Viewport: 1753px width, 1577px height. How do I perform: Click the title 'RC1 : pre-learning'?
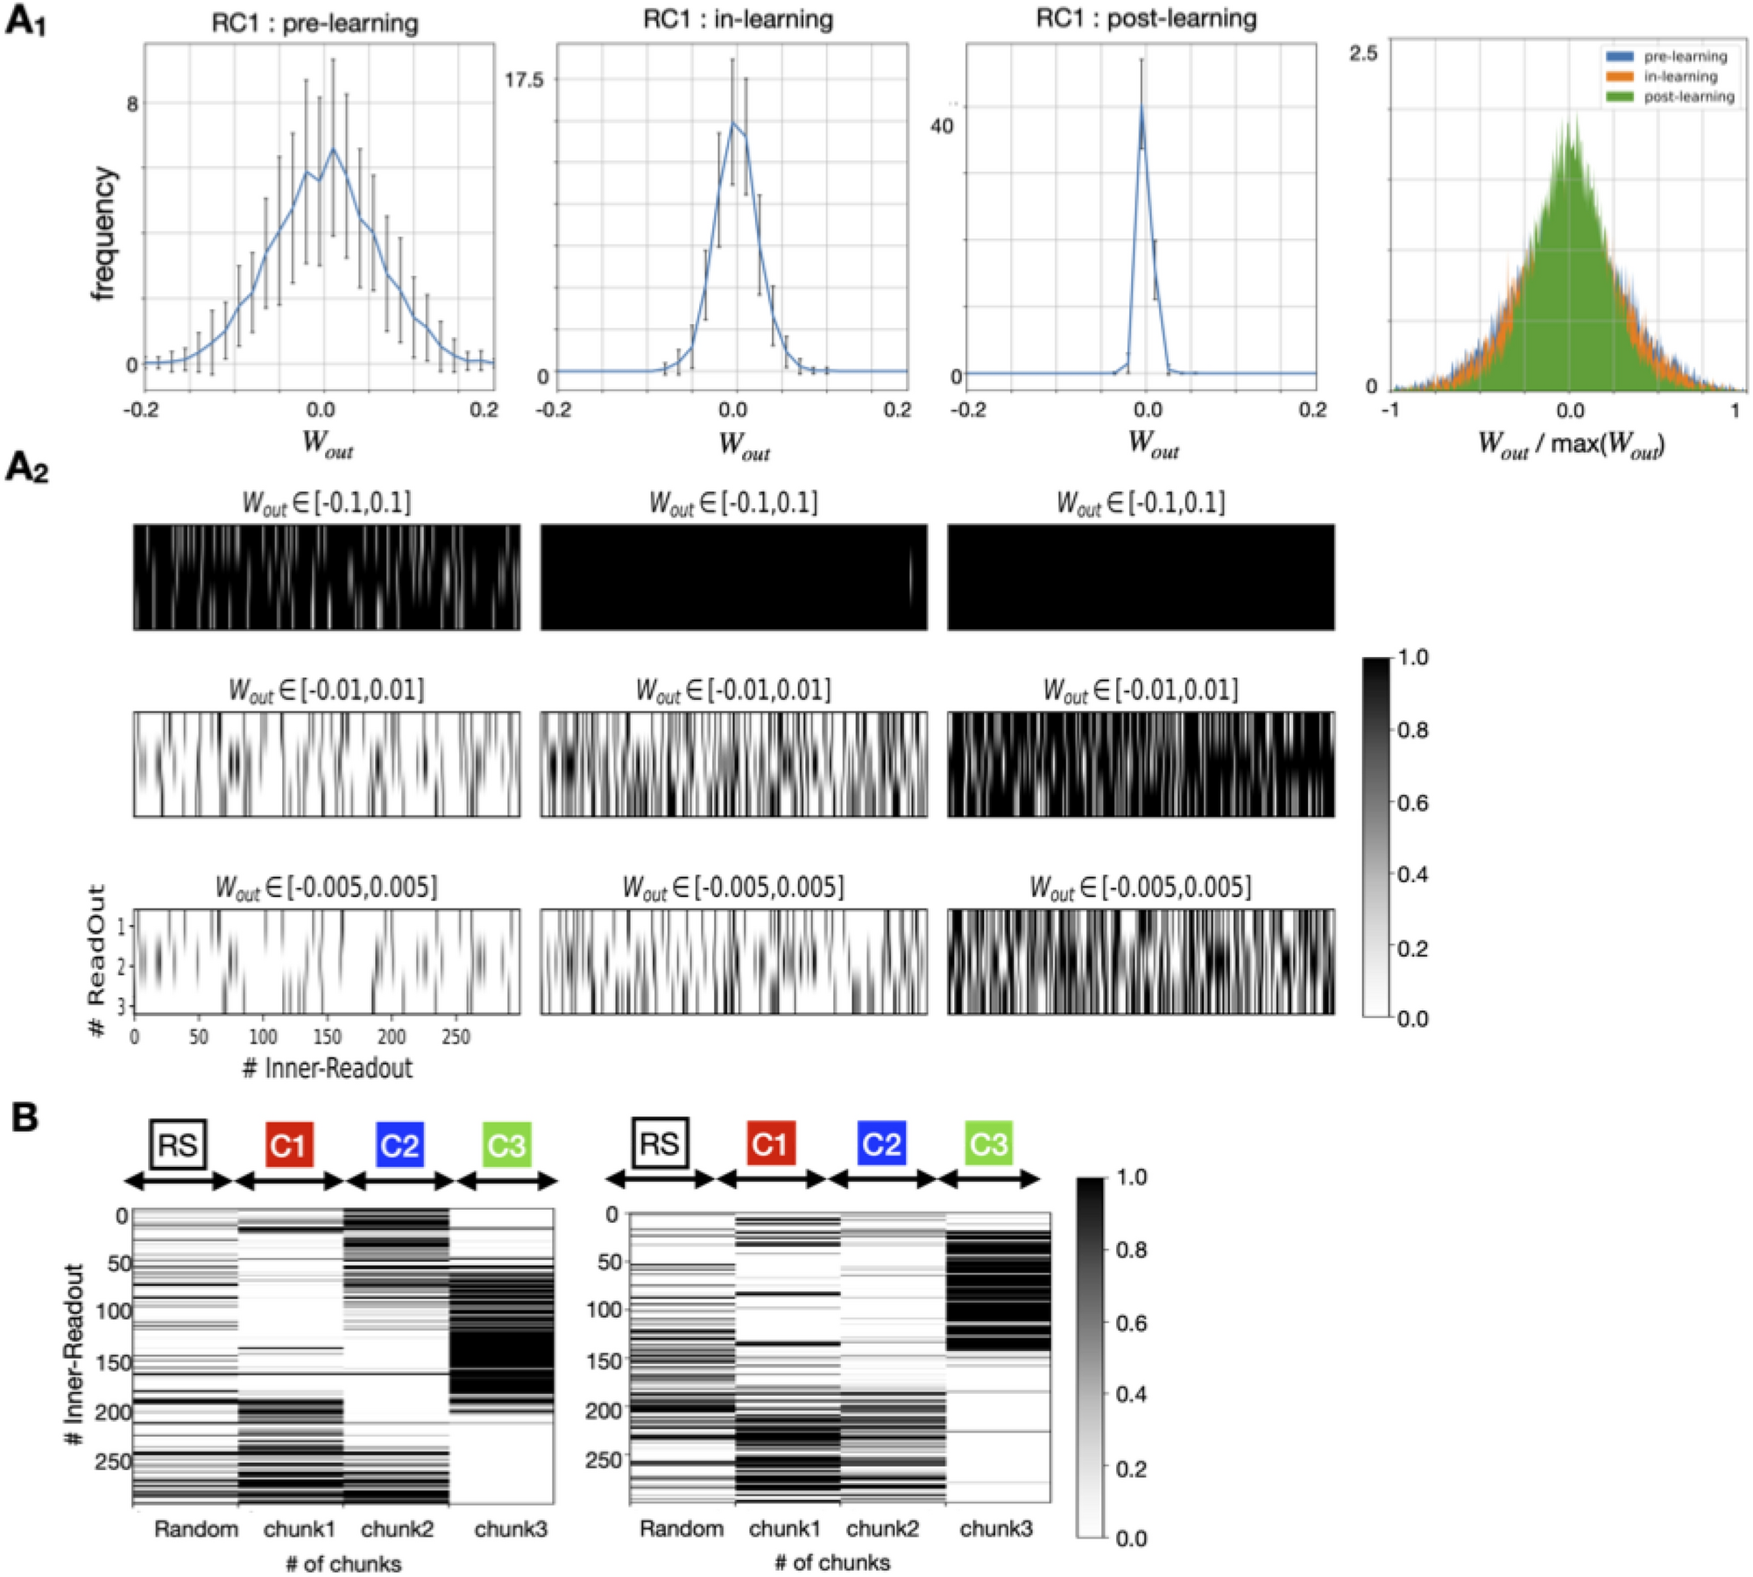[x=315, y=23]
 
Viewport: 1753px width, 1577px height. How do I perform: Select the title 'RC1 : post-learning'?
[x=1145, y=19]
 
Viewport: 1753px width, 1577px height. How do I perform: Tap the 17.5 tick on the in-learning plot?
[x=524, y=80]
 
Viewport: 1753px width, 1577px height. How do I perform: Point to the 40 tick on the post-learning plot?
[x=941, y=126]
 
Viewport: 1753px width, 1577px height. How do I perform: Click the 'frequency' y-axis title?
[x=103, y=233]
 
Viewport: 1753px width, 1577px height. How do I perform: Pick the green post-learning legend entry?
[x=1669, y=97]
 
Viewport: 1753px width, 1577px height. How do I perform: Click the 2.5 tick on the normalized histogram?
[x=1363, y=54]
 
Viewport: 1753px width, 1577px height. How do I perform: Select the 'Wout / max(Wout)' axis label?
[x=1571, y=443]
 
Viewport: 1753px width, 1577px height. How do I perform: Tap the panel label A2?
[x=26, y=469]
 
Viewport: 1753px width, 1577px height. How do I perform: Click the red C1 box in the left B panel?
[x=288, y=1145]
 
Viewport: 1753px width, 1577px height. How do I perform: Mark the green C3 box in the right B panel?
[x=988, y=1143]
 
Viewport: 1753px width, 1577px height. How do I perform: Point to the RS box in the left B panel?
[x=178, y=1144]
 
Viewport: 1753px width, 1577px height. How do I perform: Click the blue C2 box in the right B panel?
[x=880, y=1143]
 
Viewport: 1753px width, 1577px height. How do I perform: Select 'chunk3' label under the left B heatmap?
[x=511, y=1530]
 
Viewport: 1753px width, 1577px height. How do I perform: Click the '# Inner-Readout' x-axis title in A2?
[x=327, y=1068]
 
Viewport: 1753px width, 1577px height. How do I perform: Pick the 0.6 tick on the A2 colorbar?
[x=1411, y=803]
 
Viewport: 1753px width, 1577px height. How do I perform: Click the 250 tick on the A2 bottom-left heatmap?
[x=456, y=1037]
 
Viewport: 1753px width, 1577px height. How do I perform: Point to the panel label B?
[x=24, y=1117]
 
